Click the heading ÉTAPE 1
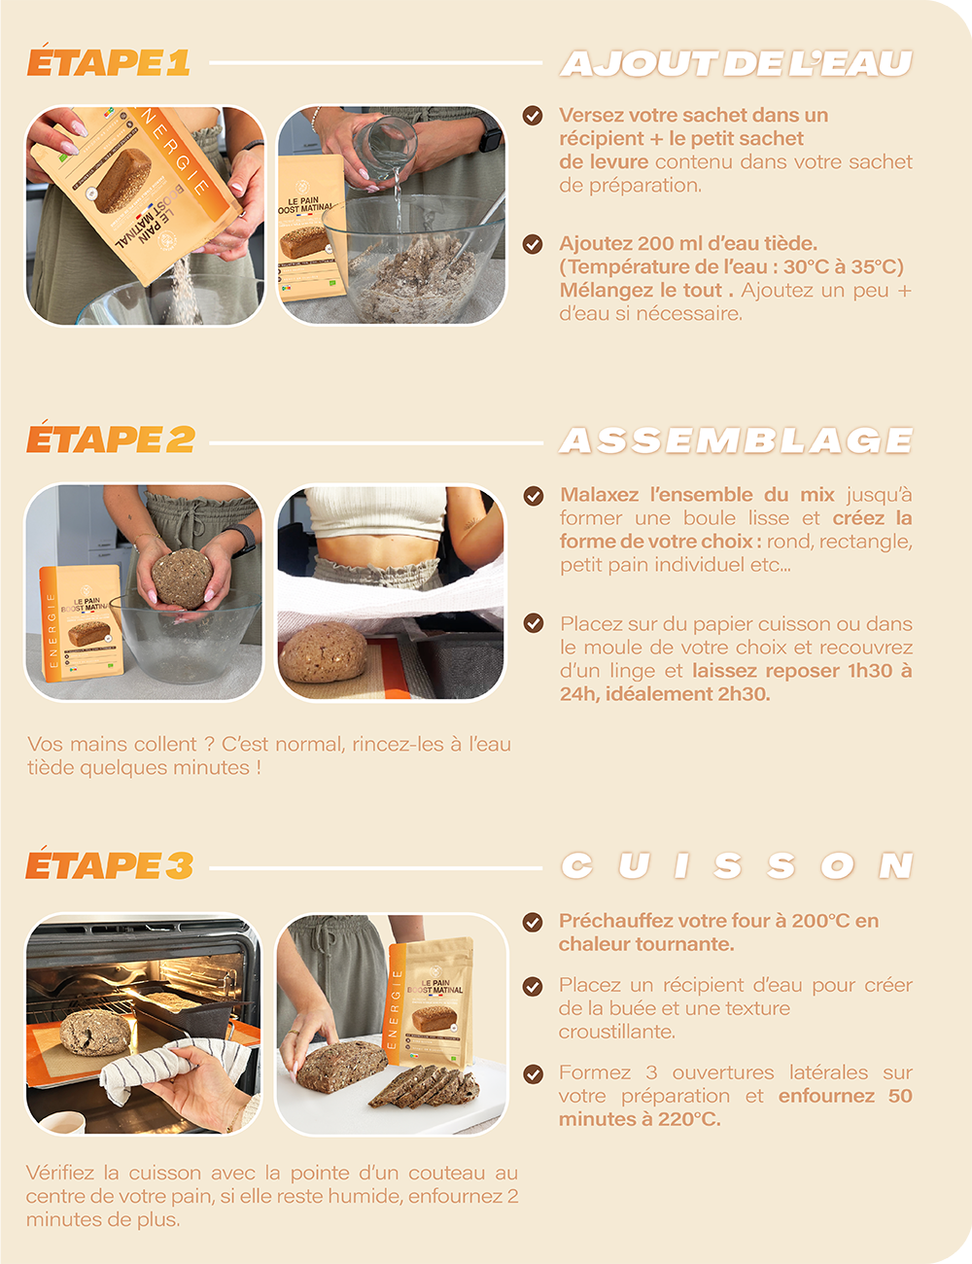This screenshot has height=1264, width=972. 108,60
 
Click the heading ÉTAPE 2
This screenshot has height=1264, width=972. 111,437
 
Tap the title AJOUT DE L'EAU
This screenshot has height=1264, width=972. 737,63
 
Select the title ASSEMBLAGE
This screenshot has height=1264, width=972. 737,440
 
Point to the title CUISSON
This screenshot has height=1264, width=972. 737,866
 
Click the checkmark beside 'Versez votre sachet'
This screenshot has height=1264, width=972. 533,115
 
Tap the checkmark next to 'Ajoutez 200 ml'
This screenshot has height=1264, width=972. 533,244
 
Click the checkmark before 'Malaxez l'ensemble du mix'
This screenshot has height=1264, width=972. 533,496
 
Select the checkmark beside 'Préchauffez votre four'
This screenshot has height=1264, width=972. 533,922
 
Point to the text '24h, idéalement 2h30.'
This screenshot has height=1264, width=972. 665,694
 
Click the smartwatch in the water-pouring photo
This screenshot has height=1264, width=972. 491,137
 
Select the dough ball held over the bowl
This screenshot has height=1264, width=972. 182,578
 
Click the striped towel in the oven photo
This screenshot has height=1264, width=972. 173,1068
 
